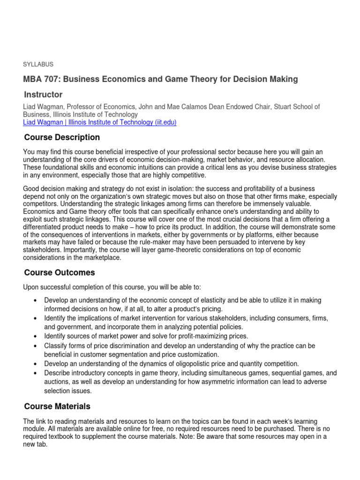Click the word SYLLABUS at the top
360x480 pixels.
coord(38,64)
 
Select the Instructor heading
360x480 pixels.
coord(43,95)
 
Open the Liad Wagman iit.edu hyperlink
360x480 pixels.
coord(99,122)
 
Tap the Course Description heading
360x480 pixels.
coord(62,137)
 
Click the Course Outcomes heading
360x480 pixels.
coord(60,272)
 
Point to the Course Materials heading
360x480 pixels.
coord(57,406)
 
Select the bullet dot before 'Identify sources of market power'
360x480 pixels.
coord(36,337)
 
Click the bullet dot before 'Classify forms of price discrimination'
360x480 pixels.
coord(36,346)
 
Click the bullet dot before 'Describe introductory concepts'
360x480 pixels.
coord(36,373)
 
